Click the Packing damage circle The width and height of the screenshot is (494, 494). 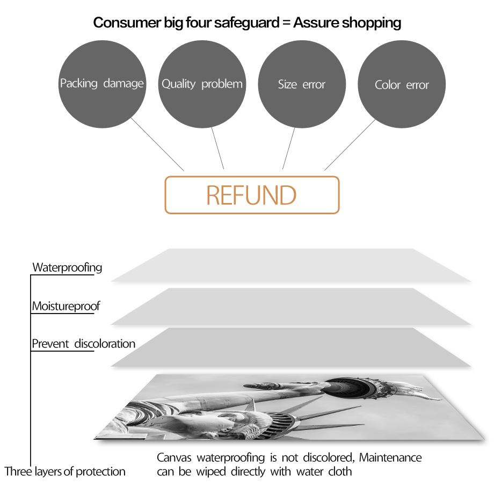pyautogui.click(x=102, y=84)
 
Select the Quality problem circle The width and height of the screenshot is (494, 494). pyautogui.click(x=202, y=84)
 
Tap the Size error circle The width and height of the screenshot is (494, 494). pyautogui.click(x=302, y=84)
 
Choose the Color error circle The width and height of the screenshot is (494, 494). pyautogui.click(x=402, y=84)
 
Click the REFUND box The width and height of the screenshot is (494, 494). pyautogui.click(x=252, y=195)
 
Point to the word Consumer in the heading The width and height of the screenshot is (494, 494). pyautogui.click(x=127, y=23)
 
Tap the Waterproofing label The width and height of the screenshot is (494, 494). pyautogui.click(x=67, y=268)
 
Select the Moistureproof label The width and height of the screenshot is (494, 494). pyautogui.click(x=66, y=306)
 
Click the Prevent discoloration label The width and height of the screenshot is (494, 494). pyautogui.click(x=83, y=344)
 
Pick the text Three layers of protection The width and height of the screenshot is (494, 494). pyautogui.click(x=65, y=471)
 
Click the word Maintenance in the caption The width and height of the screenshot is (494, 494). pyautogui.click(x=390, y=457)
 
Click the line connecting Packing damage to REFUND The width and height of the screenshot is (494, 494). pyautogui.click(x=157, y=144)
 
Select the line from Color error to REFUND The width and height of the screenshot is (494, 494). pyautogui.click(x=350, y=145)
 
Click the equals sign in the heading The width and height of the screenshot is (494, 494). pyautogui.click(x=286, y=23)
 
